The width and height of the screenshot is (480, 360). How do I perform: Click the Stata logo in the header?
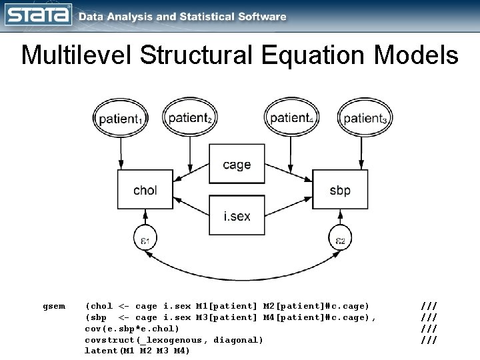coord(37,16)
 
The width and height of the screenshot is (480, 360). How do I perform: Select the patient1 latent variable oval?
coord(121,119)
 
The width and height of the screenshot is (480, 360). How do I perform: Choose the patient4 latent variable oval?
coord(291,117)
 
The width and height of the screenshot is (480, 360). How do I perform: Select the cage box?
coord(237,165)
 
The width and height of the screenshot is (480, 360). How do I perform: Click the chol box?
coord(145,190)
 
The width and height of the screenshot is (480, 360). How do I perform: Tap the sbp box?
coord(339,190)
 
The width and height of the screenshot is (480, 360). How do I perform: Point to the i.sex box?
coord(237,216)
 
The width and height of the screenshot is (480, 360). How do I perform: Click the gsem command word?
coord(54,306)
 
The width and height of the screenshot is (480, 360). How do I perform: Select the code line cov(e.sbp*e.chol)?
coord(132,329)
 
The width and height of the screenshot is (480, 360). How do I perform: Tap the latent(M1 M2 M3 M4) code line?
coord(137,351)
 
